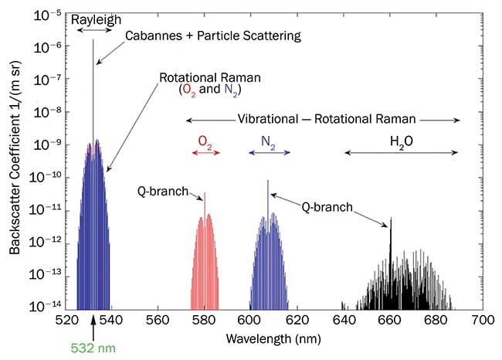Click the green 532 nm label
click(x=94, y=349)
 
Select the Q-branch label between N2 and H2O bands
click(x=326, y=207)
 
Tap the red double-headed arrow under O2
click(x=205, y=153)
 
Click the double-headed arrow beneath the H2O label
click(x=401, y=153)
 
